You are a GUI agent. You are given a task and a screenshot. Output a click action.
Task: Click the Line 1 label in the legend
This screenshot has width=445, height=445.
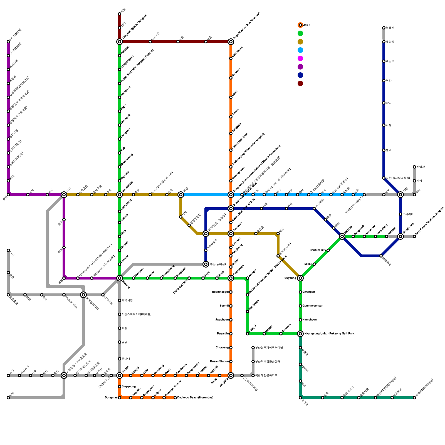(306, 25)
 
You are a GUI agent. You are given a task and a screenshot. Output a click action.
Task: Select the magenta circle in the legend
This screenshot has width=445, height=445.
(300, 58)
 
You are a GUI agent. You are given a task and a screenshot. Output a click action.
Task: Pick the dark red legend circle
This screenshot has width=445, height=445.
(300, 83)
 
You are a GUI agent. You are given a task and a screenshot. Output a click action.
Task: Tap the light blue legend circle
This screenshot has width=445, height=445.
(300, 50)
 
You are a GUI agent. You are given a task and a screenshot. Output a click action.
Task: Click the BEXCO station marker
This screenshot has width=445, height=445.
(342, 236)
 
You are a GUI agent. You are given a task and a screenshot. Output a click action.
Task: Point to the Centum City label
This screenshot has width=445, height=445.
(318, 250)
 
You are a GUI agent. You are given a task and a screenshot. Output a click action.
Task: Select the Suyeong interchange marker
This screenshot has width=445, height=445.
(300, 278)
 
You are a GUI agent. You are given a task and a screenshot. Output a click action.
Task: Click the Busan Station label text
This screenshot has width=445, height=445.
(219, 362)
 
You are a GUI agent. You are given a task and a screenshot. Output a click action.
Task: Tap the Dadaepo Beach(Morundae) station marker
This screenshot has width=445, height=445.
(175, 398)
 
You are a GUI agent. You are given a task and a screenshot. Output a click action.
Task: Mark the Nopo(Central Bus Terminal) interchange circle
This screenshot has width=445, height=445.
(231, 42)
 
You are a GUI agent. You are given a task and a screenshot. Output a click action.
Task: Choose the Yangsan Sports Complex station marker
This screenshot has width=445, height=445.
(120, 42)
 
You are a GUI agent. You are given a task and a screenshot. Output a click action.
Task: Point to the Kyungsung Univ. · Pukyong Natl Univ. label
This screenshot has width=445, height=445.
(329, 334)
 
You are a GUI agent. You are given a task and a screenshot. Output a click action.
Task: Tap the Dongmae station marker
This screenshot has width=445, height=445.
(120, 398)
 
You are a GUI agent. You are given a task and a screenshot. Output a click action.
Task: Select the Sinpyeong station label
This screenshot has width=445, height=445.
(128, 387)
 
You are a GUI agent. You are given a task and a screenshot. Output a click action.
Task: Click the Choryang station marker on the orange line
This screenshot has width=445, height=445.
(231, 348)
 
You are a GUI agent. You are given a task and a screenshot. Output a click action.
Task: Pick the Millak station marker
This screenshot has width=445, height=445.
(314, 264)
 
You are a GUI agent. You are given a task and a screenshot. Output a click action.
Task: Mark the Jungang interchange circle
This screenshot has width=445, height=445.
(231, 375)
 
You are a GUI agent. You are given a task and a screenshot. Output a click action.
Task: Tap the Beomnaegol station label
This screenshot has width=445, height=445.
(220, 292)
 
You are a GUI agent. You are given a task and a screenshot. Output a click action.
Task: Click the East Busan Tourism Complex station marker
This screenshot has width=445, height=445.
(414, 236)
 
